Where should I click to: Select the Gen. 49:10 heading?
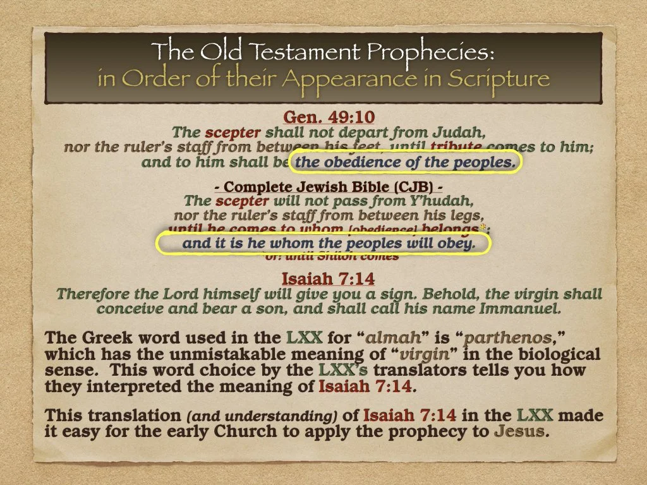323,118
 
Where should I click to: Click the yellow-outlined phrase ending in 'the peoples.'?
406,162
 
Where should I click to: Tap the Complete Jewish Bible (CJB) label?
323,188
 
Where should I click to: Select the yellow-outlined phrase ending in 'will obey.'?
323,244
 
